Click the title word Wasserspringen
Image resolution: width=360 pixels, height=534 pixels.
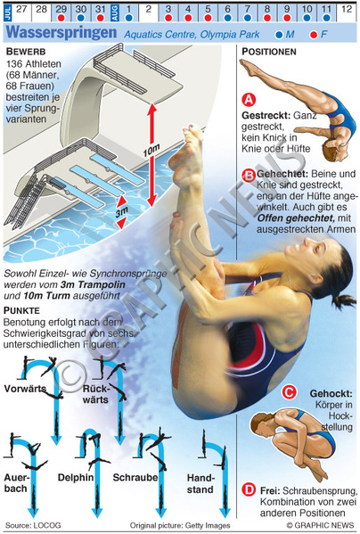[61, 33]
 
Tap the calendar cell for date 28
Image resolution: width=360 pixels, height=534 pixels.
[41, 12]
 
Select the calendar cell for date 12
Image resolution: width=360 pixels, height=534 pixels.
[347, 12]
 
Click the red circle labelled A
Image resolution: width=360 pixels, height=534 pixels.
[249, 100]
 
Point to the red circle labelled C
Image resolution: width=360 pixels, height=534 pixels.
[289, 392]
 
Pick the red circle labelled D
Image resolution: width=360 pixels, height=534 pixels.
[249, 490]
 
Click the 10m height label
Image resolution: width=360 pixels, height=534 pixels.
[151, 150]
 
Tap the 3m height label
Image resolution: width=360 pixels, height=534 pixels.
[121, 212]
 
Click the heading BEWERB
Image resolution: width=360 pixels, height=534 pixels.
[26, 52]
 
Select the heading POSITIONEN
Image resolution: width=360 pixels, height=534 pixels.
[269, 52]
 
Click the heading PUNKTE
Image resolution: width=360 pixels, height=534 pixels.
[21, 310]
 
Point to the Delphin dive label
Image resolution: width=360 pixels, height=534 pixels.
[76, 478]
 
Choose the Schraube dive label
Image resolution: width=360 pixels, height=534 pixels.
[135, 478]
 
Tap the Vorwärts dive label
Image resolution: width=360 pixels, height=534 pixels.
[25, 389]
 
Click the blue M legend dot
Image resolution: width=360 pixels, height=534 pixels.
[279, 35]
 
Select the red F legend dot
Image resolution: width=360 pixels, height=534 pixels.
[314, 35]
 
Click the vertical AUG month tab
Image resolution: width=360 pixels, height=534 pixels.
[115, 12]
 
